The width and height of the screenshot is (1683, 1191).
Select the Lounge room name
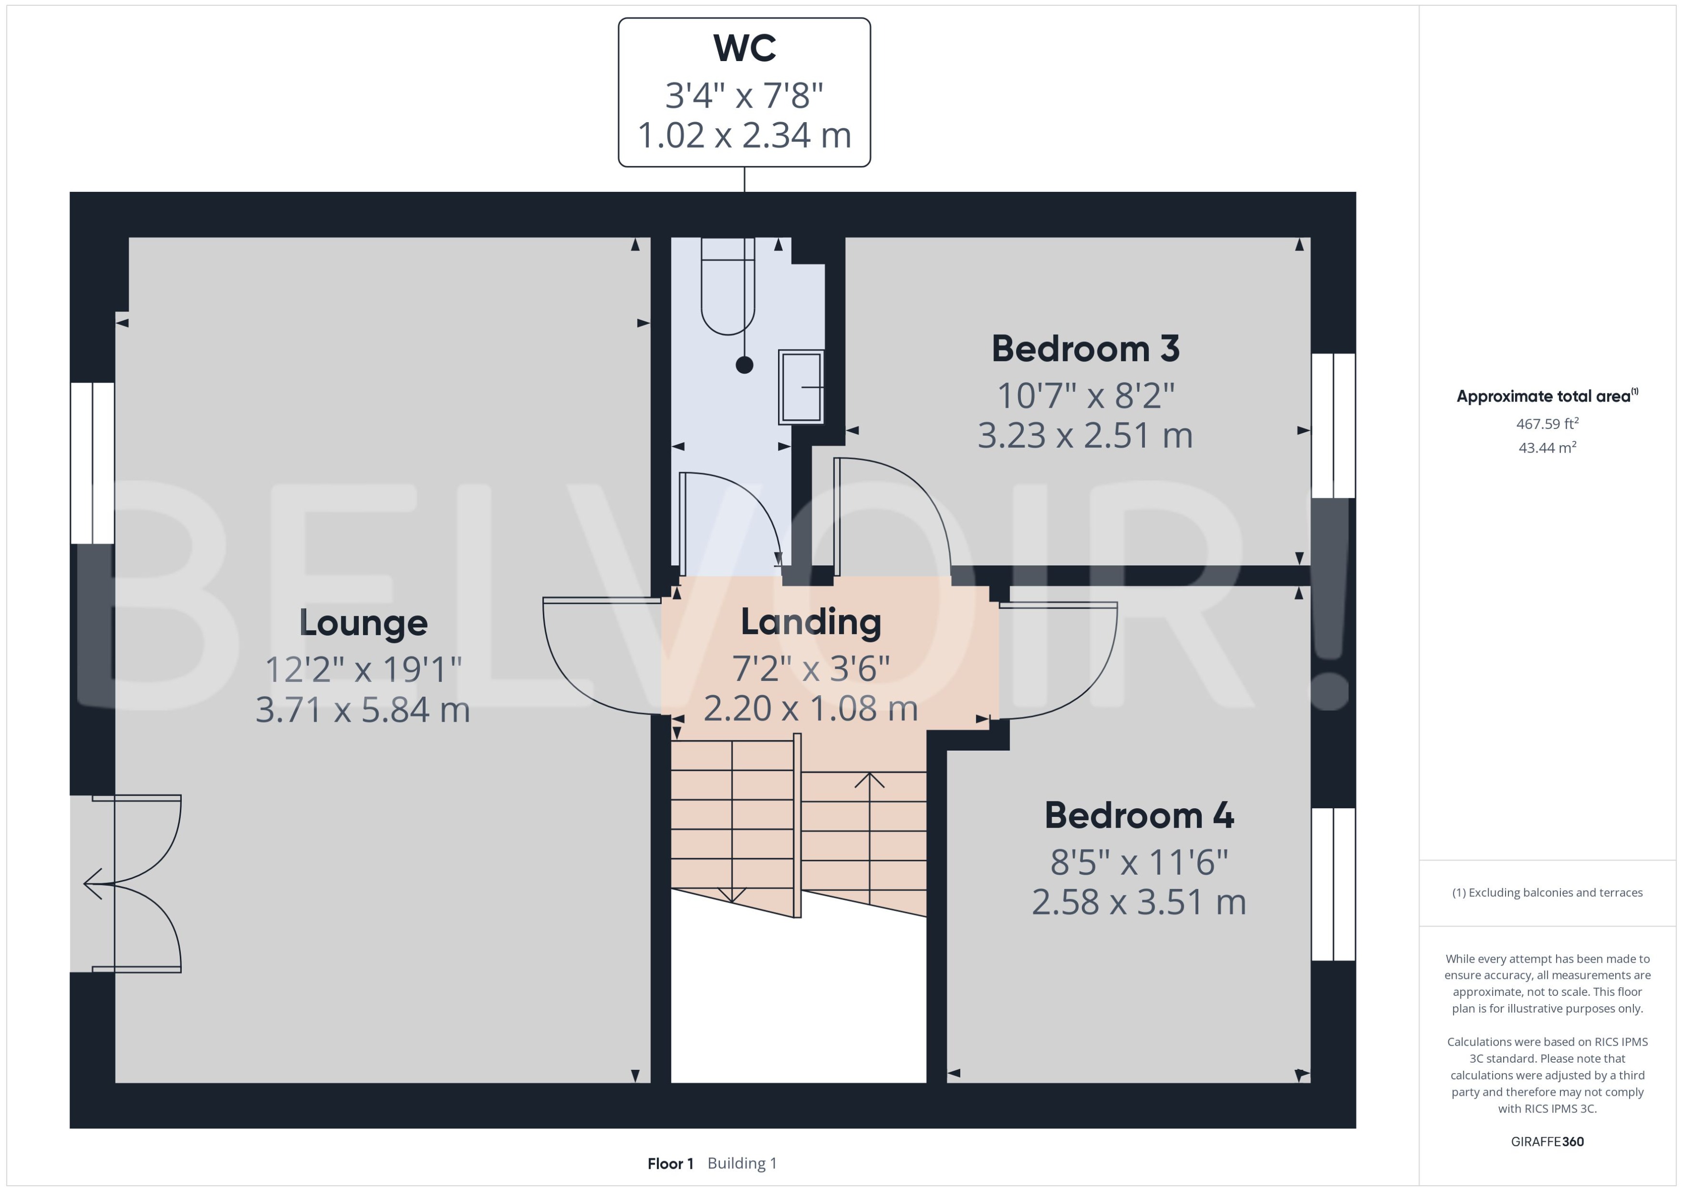(x=363, y=623)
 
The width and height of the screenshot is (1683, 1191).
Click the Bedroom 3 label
(x=1085, y=349)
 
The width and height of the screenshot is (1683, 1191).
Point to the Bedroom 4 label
(x=1138, y=815)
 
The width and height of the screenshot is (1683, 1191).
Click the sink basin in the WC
(x=800, y=387)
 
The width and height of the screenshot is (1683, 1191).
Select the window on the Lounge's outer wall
(x=92, y=463)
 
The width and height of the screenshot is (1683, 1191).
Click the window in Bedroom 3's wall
(x=1332, y=426)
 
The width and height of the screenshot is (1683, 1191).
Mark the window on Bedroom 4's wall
(x=1332, y=884)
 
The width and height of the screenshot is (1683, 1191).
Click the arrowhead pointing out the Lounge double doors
(x=92, y=884)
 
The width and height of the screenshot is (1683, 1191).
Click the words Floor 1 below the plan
(x=669, y=1163)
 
